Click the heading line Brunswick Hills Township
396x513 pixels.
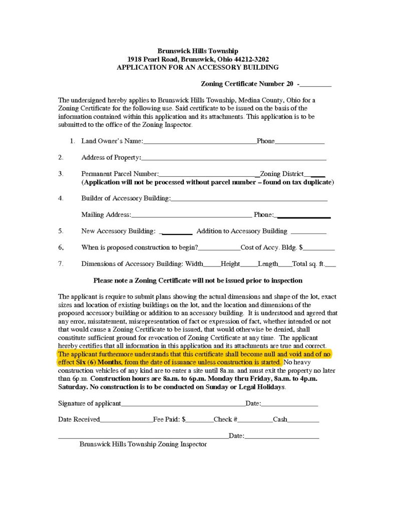pyautogui.click(x=198, y=51)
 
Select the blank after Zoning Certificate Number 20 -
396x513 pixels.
pyautogui.click(x=316, y=85)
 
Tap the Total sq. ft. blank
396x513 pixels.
pyautogui.click(x=330, y=266)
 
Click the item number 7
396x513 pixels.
pyautogui.click(x=61, y=264)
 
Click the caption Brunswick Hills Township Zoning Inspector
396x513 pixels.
pyautogui.click(x=143, y=444)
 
